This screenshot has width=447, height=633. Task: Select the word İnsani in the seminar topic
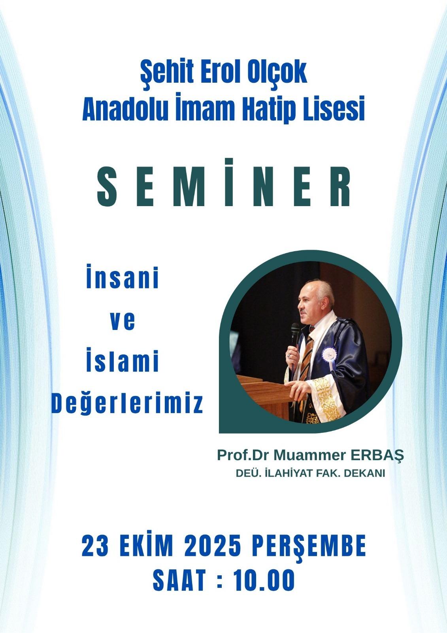point(123,276)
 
